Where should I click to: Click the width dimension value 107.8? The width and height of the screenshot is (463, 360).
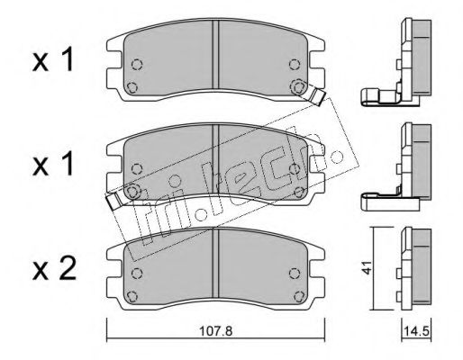pyautogui.click(x=216, y=331)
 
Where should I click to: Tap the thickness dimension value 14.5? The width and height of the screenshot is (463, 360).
pyautogui.click(x=417, y=331)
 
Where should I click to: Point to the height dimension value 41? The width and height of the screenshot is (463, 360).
pyautogui.click(x=367, y=267)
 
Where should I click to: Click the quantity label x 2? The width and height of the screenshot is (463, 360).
pyautogui.click(x=54, y=269)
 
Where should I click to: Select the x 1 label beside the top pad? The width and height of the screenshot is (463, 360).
pyautogui.click(x=53, y=60)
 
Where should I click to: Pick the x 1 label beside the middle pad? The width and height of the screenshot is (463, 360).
pyautogui.click(x=53, y=164)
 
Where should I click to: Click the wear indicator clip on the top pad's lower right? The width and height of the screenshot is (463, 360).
pyautogui.click(x=317, y=96)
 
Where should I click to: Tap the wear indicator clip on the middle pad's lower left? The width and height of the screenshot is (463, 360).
pyautogui.click(x=114, y=201)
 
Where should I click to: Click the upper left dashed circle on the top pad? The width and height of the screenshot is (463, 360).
pyautogui.click(x=137, y=64)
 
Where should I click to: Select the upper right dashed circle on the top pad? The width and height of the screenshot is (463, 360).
pyautogui.click(x=295, y=64)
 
